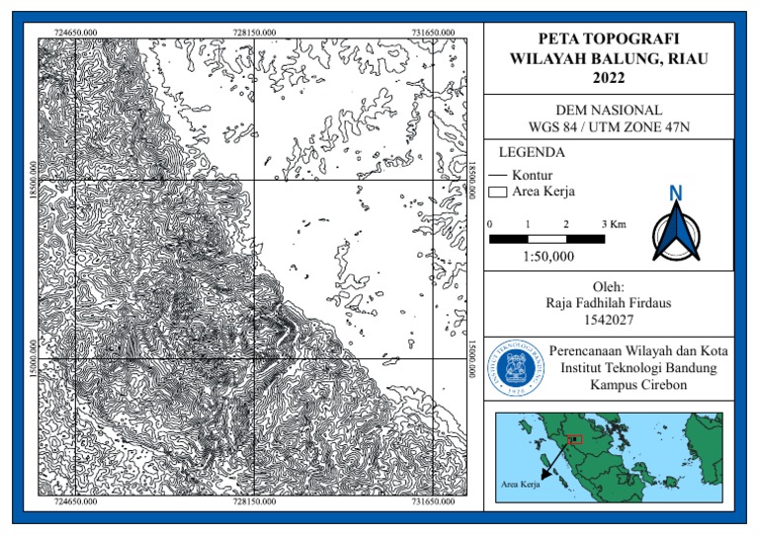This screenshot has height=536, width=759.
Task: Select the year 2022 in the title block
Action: [x=609, y=77]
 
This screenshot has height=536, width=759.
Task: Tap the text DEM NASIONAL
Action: [x=609, y=110]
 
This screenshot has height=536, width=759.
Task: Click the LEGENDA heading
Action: [x=532, y=153]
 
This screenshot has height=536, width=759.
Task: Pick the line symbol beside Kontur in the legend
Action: [x=499, y=175]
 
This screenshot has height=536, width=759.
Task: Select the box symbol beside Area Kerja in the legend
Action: [x=499, y=191]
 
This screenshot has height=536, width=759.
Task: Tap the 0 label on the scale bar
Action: [x=491, y=225]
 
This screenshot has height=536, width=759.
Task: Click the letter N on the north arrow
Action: [x=676, y=192]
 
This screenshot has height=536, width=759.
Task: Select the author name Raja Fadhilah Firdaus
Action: [x=609, y=303]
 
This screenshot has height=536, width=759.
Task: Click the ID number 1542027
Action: [x=609, y=320]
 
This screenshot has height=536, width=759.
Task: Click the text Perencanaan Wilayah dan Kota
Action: [x=636, y=350]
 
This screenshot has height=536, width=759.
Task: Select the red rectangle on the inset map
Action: [x=576, y=439]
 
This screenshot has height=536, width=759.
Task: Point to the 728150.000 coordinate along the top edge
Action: [x=255, y=32]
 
